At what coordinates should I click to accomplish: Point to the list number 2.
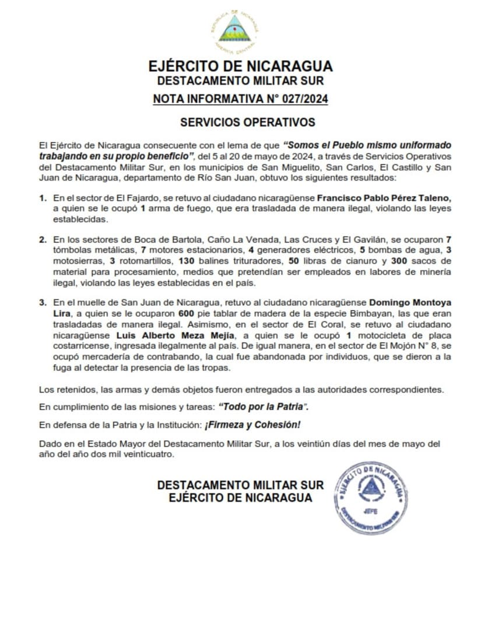point(43,239)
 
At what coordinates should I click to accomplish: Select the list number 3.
point(43,303)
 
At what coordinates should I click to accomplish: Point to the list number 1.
point(43,199)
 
